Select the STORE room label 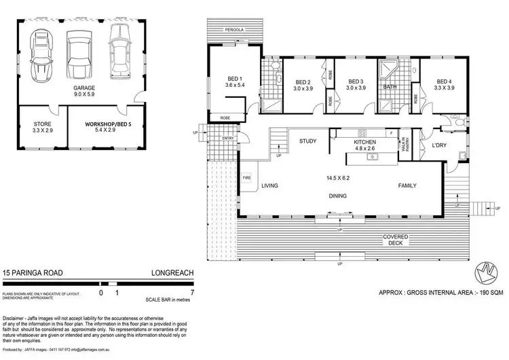pyautogui.click(x=43, y=124)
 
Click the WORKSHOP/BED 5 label pyautogui.click(x=106, y=124)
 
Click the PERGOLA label pyautogui.click(x=236, y=31)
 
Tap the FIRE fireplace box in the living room pyautogui.click(x=246, y=179)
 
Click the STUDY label pyautogui.click(x=309, y=141)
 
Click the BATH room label pyautogui.click(x=390, y=87)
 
